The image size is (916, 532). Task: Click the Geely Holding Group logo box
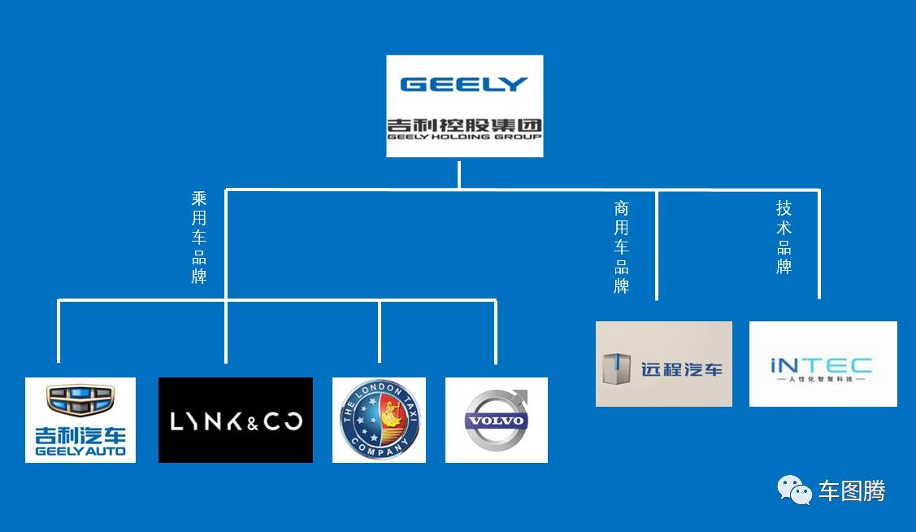(x=464, y=106)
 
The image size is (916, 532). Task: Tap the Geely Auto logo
(x=80, y=420)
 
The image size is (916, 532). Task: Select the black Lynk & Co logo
(x=236, y=420)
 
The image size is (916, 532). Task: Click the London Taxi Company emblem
(x=379, y=420)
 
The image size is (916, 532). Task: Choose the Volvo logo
(x=497, y=420)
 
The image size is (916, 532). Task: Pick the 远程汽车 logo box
(x=664, y=364)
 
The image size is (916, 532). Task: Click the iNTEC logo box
(x=823, y=364)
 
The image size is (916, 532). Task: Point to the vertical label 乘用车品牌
(x=199, y=237)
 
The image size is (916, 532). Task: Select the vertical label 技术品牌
(x=784, y=237)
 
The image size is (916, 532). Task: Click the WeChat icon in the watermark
(x=794, y=490)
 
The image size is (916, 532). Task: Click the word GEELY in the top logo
(x=464, y=84)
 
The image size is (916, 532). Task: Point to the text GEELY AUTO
(x=80, y=451)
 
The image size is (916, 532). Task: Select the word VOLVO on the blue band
(x=495, y=422)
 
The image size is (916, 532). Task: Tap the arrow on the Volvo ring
(x=519, y=398)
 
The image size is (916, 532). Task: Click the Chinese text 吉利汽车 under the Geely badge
(x=80, y=435)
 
